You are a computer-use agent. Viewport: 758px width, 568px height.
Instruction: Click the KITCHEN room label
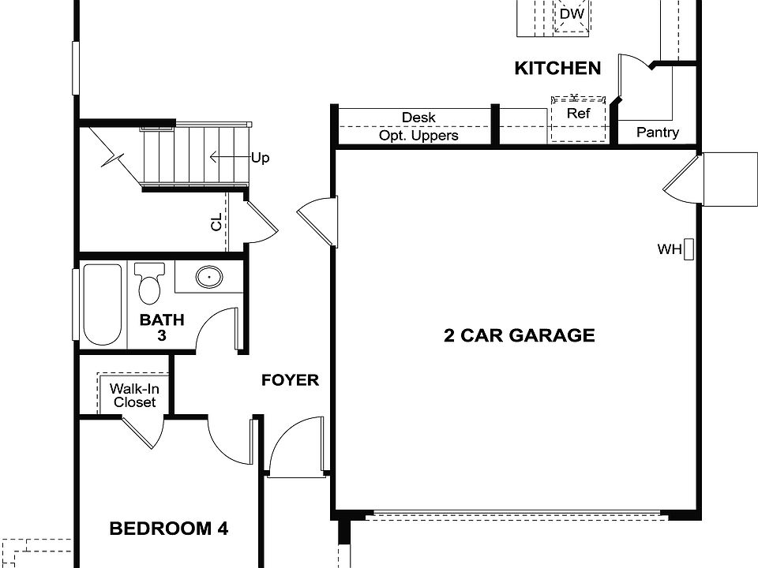coord(557,69)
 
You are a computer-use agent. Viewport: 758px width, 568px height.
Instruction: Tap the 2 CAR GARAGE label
coord(519,335)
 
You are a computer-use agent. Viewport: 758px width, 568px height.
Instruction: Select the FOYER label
coord(290,380)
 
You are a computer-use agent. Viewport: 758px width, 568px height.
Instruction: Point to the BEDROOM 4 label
coord(168,529)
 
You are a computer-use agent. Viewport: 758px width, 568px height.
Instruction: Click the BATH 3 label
coord(162,327)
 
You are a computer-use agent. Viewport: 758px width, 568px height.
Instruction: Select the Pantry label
coord(657,132)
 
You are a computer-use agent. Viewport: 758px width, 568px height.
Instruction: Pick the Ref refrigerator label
coord(579,114)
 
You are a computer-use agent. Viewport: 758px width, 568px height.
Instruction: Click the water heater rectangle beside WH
coord(688,249)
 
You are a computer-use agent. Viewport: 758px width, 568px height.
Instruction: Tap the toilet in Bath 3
coord(148,283)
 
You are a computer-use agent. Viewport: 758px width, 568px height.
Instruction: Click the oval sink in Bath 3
coord(208,277)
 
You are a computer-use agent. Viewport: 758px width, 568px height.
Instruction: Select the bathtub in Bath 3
coord(102,305)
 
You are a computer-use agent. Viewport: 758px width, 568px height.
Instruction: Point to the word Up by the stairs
coord(260,158)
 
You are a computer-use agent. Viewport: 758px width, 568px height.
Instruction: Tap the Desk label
coord(418,118)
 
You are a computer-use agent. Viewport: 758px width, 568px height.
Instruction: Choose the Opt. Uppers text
coord(418,136)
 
